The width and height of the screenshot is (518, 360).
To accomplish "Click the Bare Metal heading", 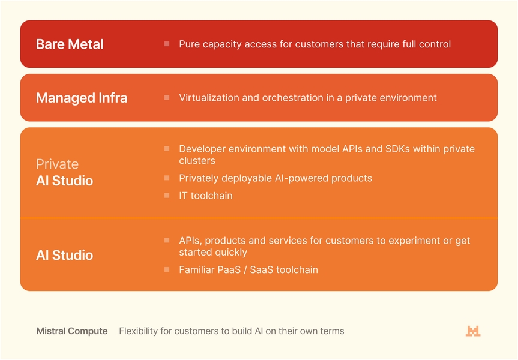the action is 70,44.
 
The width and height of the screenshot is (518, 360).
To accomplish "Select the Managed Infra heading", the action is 82,98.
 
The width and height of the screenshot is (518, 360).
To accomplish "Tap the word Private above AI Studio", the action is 58,164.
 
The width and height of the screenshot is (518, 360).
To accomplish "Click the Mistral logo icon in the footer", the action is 473,331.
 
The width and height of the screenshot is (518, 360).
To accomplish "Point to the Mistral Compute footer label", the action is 72,331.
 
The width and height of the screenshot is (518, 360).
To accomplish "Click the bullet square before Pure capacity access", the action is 167,44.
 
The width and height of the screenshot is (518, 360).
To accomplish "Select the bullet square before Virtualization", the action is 167,97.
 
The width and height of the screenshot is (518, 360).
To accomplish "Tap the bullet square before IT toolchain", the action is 167,196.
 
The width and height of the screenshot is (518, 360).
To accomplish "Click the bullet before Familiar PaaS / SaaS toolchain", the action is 167,269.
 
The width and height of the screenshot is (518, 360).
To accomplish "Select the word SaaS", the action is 262,270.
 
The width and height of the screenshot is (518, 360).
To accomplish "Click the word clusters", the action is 197,161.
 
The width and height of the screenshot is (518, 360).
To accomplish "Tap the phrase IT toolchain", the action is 206,196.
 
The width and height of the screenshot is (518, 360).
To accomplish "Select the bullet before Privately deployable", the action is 167,178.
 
